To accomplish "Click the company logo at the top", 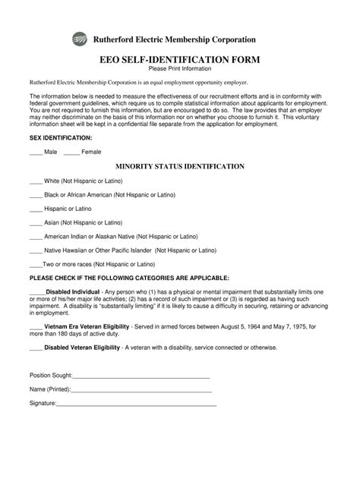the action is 79,39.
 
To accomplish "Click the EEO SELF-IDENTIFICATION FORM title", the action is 180,58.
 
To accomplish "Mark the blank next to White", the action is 35,182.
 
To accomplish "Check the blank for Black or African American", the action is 35,196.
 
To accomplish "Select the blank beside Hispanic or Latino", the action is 35,209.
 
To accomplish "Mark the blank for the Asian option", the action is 35,223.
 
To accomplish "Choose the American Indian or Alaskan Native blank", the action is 35,237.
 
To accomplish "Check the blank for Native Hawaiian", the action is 35,250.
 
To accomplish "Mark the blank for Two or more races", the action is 35,264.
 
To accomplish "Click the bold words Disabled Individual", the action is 73,291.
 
